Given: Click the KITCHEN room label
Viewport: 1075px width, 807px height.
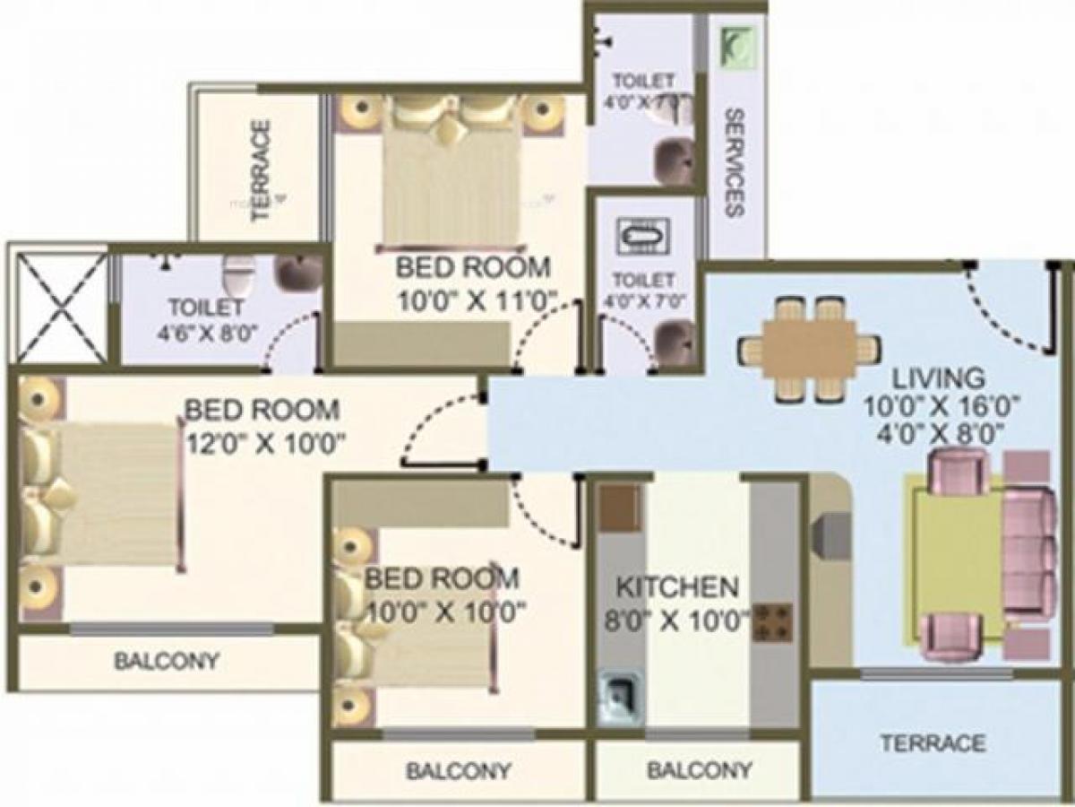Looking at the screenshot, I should coord(677,588).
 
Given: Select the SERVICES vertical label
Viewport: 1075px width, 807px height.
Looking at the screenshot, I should coord(734,162).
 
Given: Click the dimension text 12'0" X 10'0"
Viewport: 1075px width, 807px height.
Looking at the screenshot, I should coord(267,442).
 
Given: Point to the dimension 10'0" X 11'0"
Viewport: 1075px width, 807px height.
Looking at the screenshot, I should coord(477,299).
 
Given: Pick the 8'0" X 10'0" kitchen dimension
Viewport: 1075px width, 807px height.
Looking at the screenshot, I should coord(682,619).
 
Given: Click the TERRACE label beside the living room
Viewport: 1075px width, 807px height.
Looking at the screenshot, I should coord(932,743).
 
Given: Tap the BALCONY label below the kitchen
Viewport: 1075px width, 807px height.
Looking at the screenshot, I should coord(699,769).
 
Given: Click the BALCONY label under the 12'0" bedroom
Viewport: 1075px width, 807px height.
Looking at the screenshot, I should coord(166,662).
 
